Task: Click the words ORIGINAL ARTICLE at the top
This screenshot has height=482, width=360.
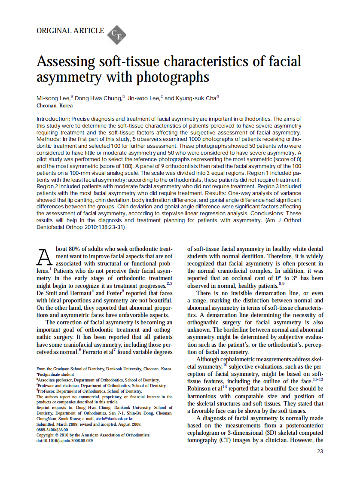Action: (70, 31)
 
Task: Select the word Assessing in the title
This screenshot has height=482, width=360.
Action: (65, 61)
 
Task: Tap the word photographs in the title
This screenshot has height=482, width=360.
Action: (179, 77)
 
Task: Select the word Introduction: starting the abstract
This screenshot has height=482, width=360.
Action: (53, 119)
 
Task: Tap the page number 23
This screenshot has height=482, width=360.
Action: (320, 451)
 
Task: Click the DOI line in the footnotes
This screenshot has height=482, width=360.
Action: (64, 441)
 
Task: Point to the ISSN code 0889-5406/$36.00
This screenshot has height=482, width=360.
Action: (52, 429)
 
